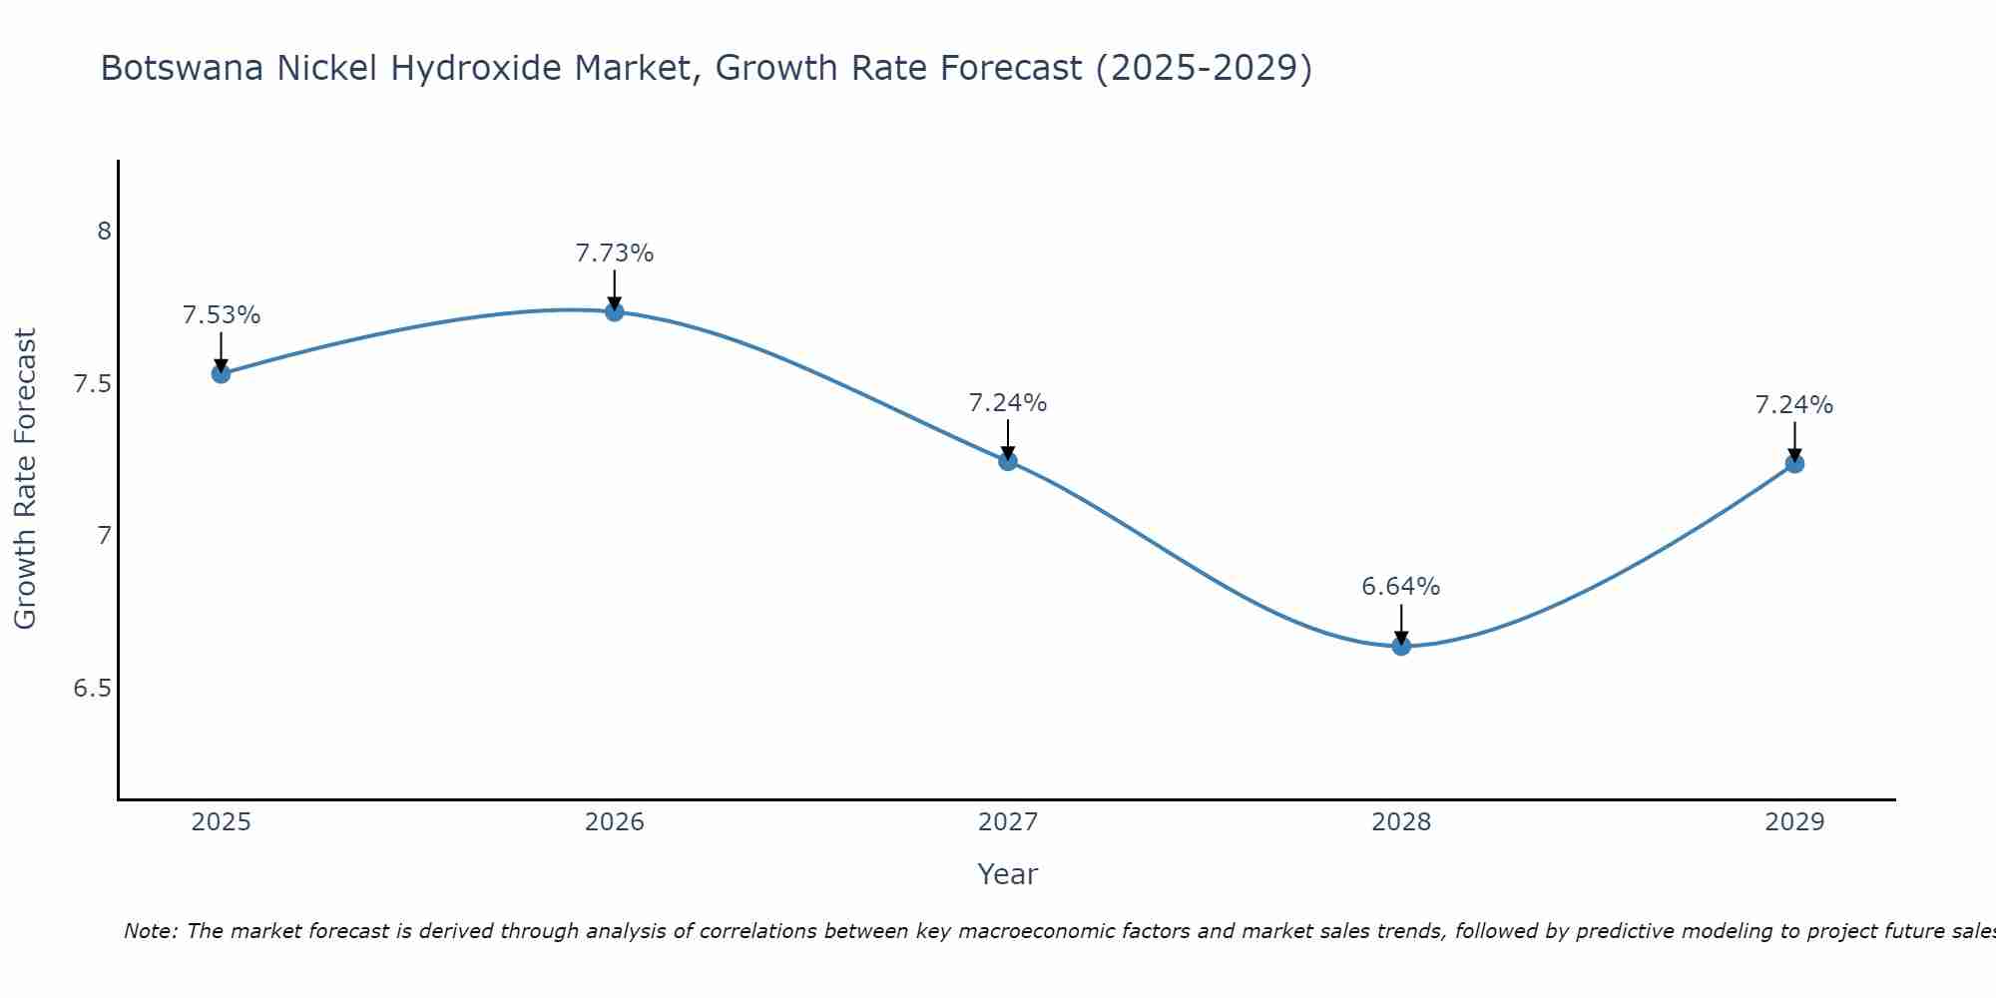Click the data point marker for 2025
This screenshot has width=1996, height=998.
click(221, 374)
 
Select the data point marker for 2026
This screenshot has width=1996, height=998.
click(615, 311)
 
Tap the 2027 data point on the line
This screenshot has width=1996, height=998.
click(1008, 461)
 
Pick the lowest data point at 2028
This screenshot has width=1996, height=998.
click(1401, 646)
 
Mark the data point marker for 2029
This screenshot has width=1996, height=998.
click(1794, 463)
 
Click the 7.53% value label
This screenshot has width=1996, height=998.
click(222, 315)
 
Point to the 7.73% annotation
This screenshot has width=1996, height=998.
click(615, 253)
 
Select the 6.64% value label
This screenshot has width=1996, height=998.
click(1401, 587)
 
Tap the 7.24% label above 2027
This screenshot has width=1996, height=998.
click(1008, 403)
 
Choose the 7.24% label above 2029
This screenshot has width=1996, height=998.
click(1794, 405)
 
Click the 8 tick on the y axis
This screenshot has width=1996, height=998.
click(104, 232)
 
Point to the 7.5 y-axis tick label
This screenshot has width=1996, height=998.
click(93, 384)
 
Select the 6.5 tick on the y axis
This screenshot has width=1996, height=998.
click(93, 689)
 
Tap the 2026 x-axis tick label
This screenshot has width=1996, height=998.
click(615, 822)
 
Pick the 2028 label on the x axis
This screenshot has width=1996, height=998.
click(1401, 822)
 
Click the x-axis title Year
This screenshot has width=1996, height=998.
click(1008, 874)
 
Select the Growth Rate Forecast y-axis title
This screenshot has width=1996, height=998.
click(25, 479)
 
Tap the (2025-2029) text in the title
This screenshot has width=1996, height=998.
click(1204, 68)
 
